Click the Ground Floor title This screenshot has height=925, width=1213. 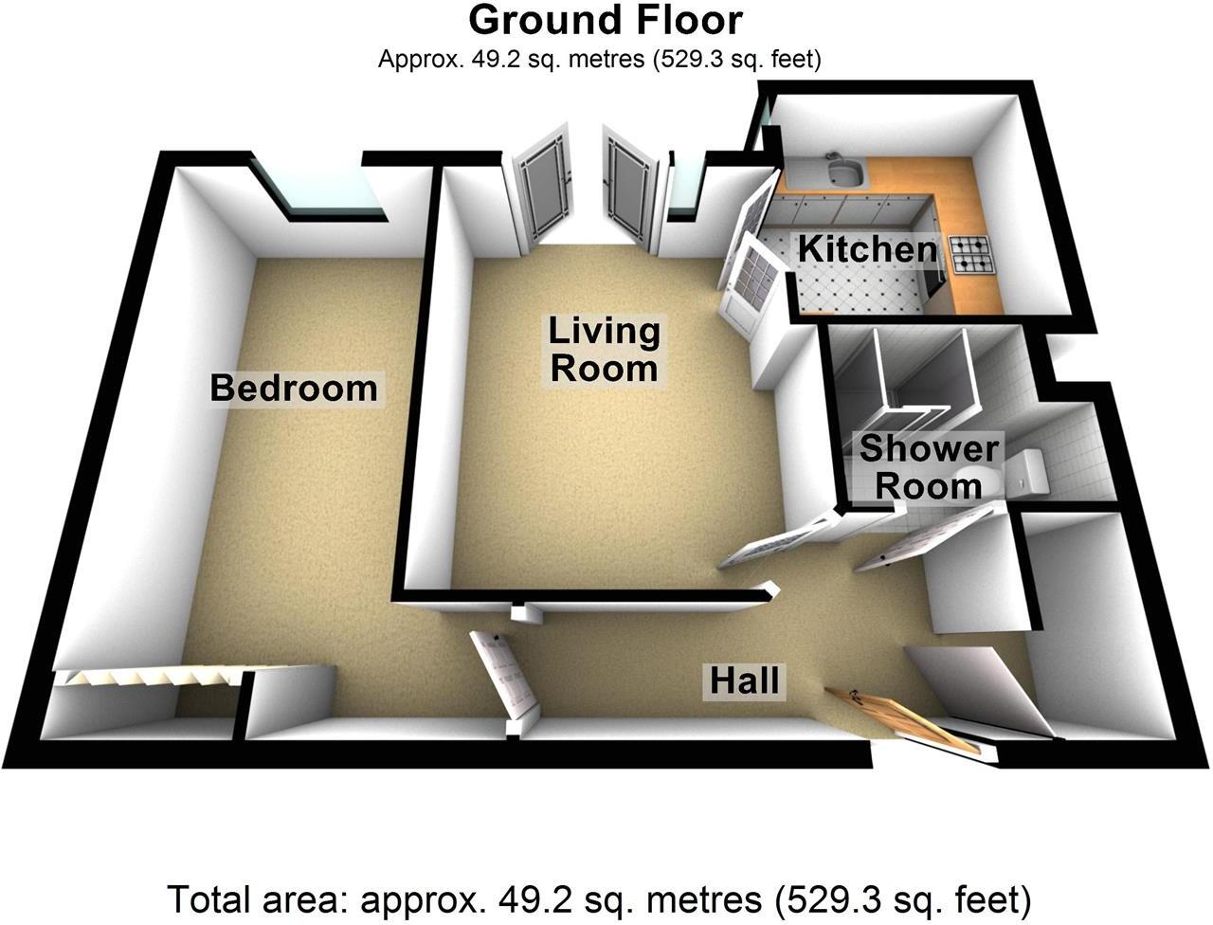[606, 19]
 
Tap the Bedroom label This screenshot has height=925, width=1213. [293, 388]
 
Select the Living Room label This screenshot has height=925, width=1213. [604, 350]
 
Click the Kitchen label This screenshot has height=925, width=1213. [867, 249]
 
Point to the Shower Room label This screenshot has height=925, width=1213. [928, 467]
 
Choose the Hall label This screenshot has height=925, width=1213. [747, 680]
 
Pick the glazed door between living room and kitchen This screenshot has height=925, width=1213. [750, 283]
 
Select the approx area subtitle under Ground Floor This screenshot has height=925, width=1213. [599, 59]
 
